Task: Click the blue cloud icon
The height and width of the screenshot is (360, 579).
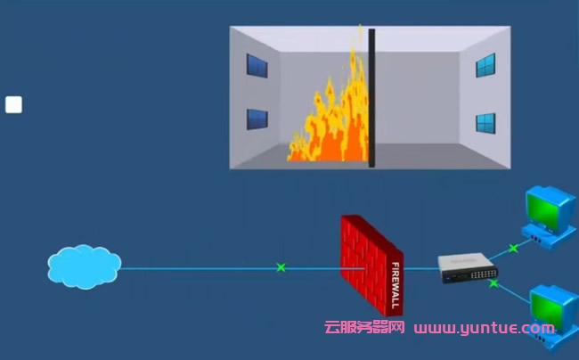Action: pos(84,266)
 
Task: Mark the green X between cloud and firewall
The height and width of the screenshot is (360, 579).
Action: pos(281,266)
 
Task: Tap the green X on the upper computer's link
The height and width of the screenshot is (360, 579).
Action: pos(512,248)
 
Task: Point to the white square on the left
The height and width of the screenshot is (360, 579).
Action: pos(13,105)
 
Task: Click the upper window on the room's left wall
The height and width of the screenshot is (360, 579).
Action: pos(257,66)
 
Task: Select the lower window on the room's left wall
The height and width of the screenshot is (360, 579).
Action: pos(257,119)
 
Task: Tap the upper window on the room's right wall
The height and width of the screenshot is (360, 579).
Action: pos(485,65)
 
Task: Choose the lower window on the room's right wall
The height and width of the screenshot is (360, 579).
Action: pos(485,122)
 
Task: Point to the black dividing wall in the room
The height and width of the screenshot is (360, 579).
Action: pos(371,98)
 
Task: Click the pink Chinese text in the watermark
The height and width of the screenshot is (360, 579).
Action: pos(363,328)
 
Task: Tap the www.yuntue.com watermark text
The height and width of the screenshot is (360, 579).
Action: pos(484,328)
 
